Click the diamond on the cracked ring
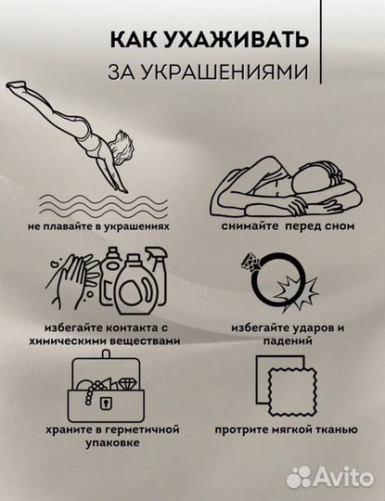250,263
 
